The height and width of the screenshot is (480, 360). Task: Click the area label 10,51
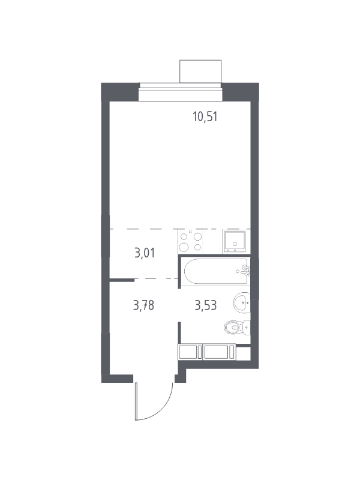click(x=205, y=116)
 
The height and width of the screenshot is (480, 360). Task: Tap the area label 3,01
click(x=145, y=253)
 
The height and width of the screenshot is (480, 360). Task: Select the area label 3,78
click(x=143, y=305)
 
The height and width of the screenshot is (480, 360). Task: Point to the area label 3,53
click(x=206, y=305)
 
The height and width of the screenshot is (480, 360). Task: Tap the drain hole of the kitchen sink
click(x=235, y=244)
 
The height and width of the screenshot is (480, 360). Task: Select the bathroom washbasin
click(x=242, y=303)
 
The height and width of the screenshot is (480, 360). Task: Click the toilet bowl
click(x=233, y=328)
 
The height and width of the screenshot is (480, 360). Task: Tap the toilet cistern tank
click(x=247, y=328)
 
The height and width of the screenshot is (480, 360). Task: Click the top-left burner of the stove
click(x=184, y=236)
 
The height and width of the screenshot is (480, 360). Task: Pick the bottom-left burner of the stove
click(x=184, y=247)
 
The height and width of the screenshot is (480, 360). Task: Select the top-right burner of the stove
click(x=198, y=236)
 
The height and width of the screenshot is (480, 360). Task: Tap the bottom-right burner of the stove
click(x=198, y=247)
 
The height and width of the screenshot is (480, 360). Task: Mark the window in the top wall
click(x=181, y=92)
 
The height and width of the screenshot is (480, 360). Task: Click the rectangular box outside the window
click(x=200, y=71)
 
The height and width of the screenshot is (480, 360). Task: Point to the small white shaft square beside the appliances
click(x=244, y=353)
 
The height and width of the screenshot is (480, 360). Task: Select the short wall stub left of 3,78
click(x=122, y=280)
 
